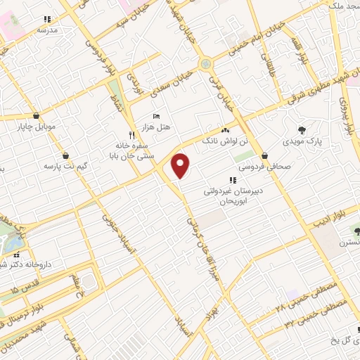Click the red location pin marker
pyautogui.click(x=181, y=165)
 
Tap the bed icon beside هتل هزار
pyautogui.click(x=155, y=116)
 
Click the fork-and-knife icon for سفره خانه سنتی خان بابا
pyautogui.click(x=131, y=134)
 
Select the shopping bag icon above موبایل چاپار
pyautogui.click(x=36, y=116)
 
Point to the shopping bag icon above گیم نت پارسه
pyautogui.click(x=65, y=155)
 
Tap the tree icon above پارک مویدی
pyautogui.click(x=302, y=129)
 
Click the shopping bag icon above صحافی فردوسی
pyautogui.click(x=264, y=156)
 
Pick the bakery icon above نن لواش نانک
pyautogui.click(x=225, y=131)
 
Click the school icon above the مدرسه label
pyautogui.click(x=47, y=20)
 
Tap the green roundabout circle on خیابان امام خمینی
pyautogui.click(x=205, y=64)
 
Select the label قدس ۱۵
pyautogui.click(x=25, y=289)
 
